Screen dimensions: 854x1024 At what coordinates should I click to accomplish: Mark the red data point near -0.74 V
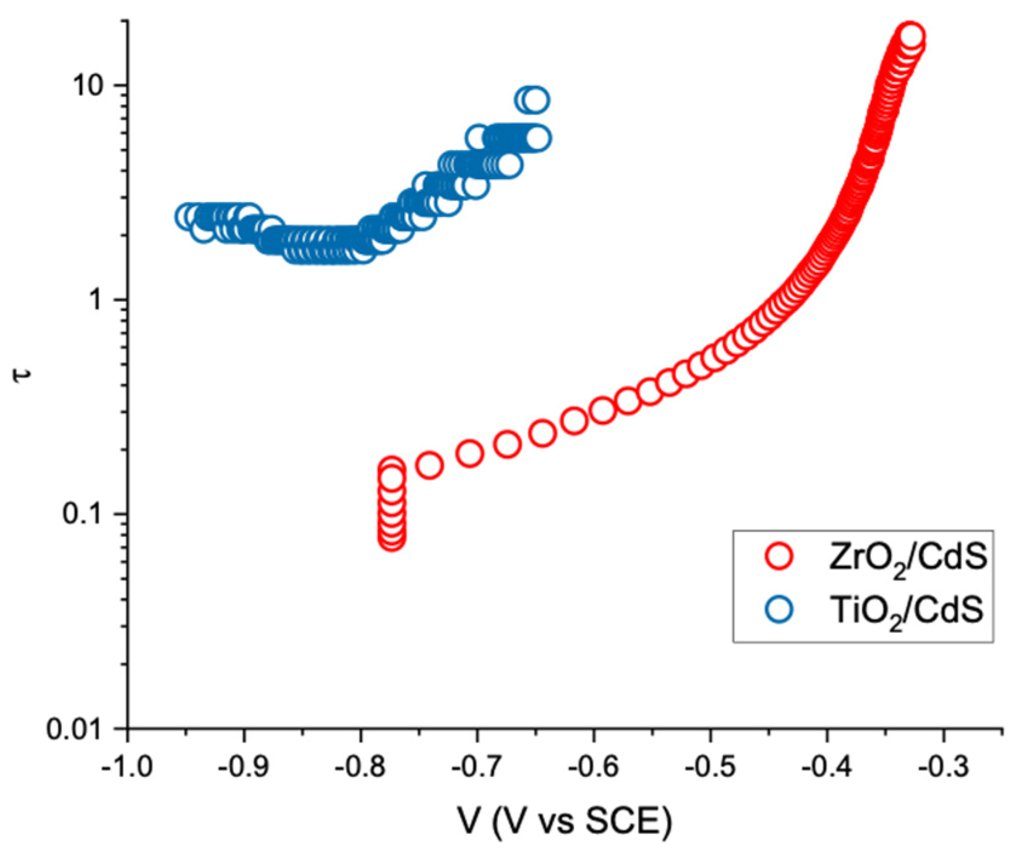pyautogui.click(x=429, y=465)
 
